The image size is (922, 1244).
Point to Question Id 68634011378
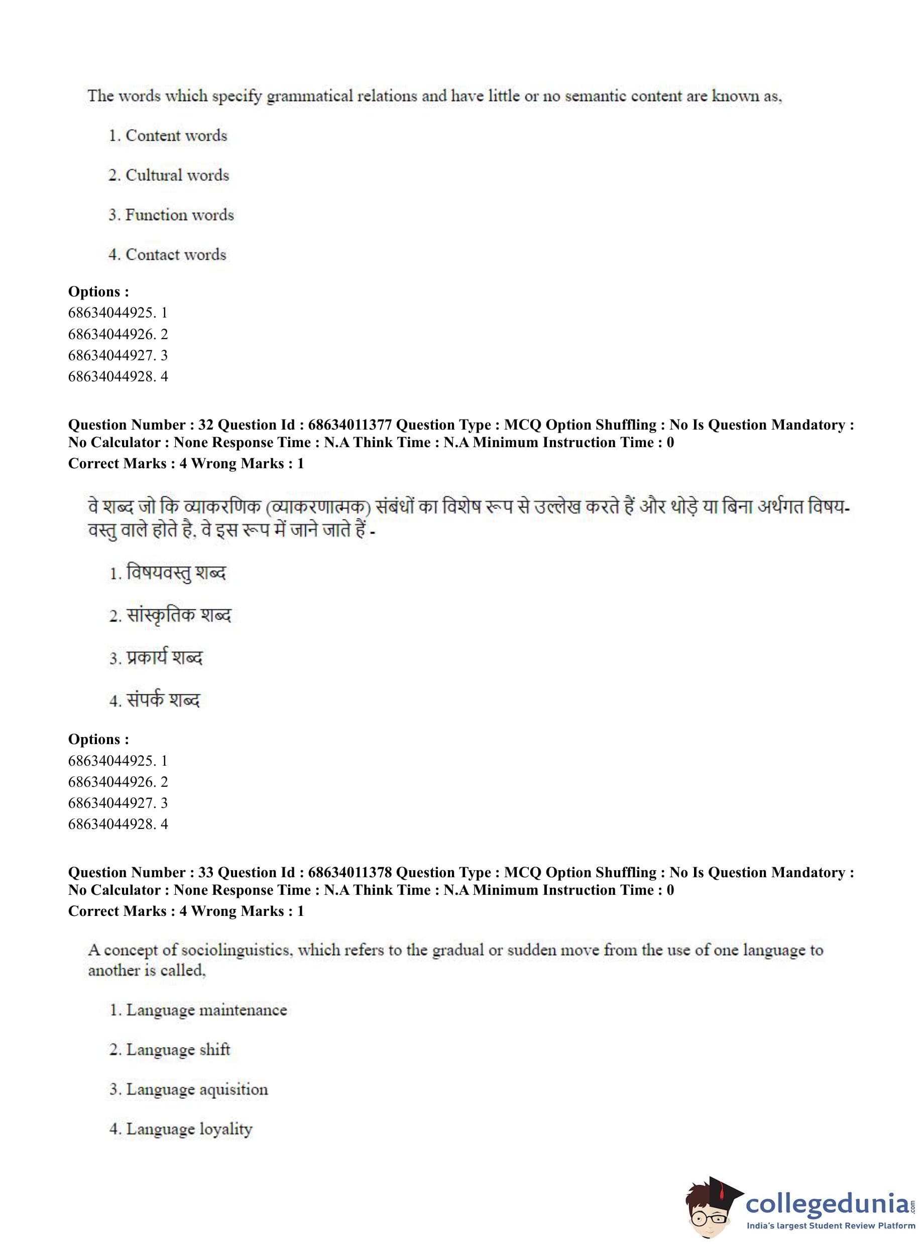[350, 873]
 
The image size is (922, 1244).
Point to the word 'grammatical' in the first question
[309, 96]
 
